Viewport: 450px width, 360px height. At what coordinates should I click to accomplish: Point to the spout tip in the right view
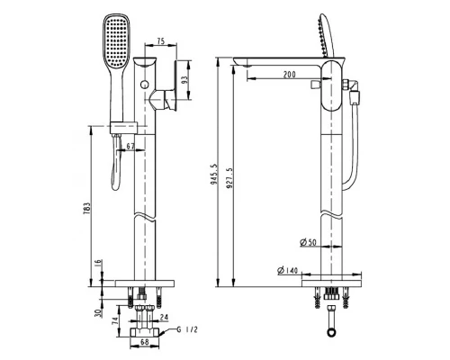[241, 63]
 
